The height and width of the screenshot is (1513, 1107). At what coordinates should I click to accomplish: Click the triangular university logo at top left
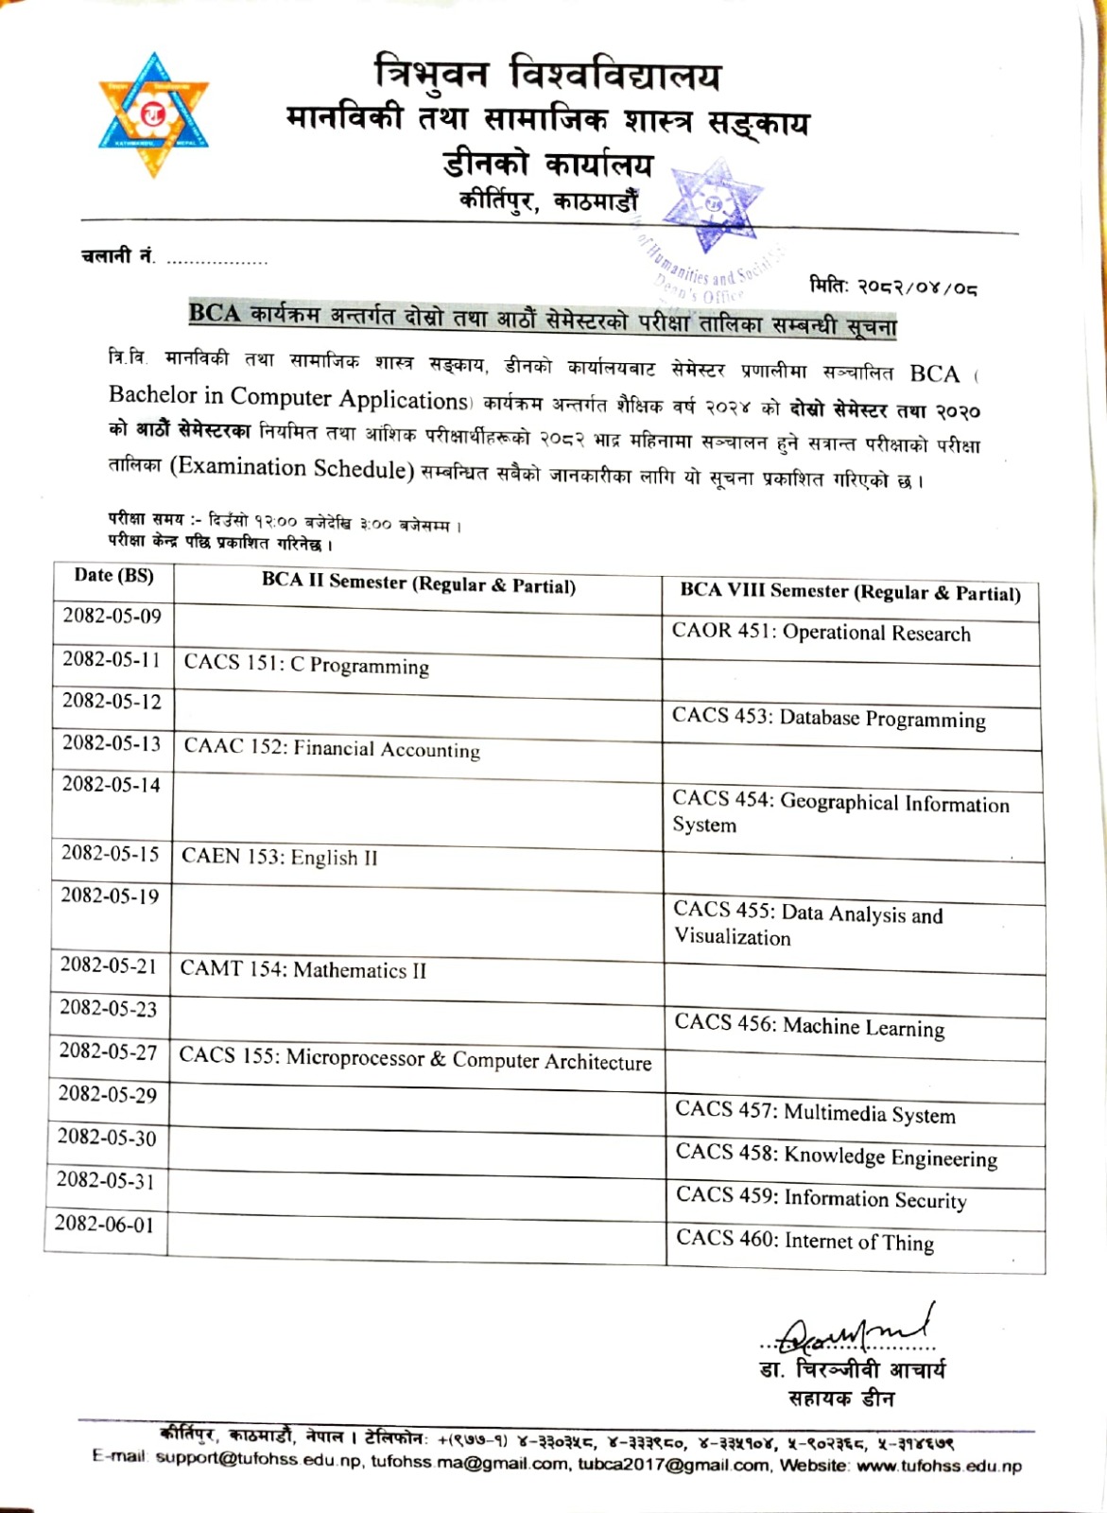pyautogui.click(x=153, y=116)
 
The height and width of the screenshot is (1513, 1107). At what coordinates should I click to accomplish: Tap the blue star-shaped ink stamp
pyautogui.click(x=715, y=206)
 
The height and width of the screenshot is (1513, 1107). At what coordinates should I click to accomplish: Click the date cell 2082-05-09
pyautogui.click(x=112, y=617)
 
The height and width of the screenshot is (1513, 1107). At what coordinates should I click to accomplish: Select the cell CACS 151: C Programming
pyautogui.click(x=306, y=665)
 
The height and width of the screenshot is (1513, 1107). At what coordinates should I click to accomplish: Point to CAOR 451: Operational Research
pyautogui.click(x=821, y=633)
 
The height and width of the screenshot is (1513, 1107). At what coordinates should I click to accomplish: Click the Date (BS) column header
pyautogui.click(x=113, y=576)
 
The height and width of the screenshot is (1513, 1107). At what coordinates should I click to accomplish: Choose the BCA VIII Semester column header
pyautogui.click(x=850, y=593)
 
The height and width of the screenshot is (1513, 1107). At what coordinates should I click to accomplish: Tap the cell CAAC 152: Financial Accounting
pyautogui.click(x=332, y=749)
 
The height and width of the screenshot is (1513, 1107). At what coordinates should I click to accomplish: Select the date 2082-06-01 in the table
pyautogui.click(x=104, y=1225)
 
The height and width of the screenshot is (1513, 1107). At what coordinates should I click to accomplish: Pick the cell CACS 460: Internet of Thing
pyautogui.click(x=804, y=1241)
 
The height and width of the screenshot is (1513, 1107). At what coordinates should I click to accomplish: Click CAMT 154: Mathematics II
pyautogui.click(x=303, y=970)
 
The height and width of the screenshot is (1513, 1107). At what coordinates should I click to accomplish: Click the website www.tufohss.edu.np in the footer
pyautogui.click(x=939, y=1467)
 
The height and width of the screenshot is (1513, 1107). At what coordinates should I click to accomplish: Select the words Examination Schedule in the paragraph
pyautogui.click(x=292, y=467)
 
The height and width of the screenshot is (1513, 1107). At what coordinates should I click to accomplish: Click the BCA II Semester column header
pyautogui.click(x=419, y=583)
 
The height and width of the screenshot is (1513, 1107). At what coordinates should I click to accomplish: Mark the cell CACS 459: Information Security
pyautogui.click(x=821, y=1198)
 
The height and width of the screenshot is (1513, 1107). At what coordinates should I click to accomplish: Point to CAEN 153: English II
pyautogui.click(x=280, y=857)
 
